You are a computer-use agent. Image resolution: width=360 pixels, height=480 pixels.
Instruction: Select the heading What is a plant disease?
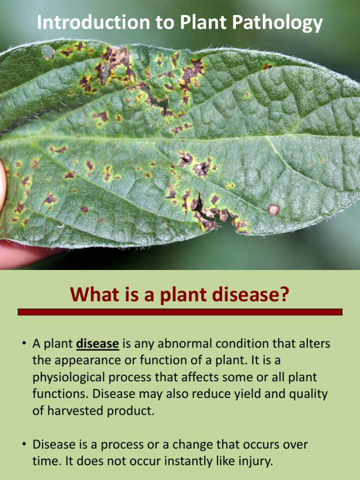click(180, 295)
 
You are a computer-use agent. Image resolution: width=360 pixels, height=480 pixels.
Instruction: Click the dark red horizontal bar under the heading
click(180, 312)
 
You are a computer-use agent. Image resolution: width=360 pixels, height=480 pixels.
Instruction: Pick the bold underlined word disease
click(97, 344)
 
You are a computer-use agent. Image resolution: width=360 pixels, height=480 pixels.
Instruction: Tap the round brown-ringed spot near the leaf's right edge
click(274, 210)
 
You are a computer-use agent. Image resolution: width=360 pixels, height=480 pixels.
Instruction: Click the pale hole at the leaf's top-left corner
click(47, 52)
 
